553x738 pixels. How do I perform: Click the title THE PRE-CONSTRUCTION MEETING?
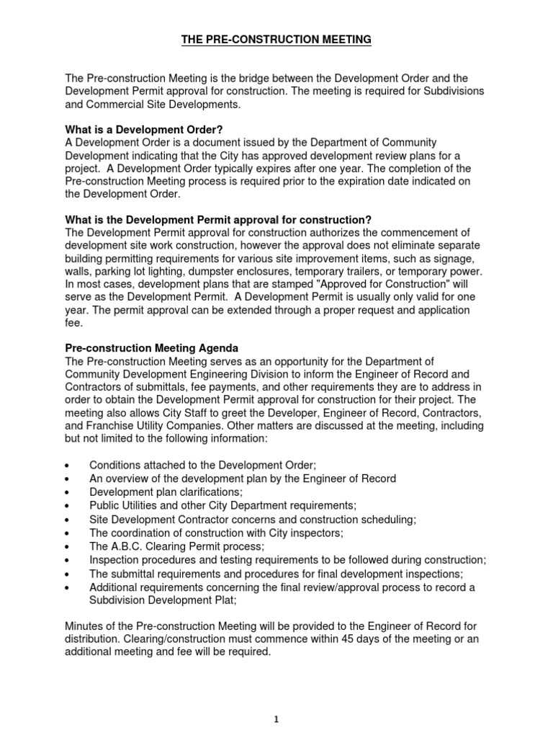[x=276, y=40]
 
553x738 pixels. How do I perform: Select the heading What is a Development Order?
[x=140, y=130]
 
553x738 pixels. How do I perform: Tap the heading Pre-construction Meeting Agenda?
[x=152, y=349]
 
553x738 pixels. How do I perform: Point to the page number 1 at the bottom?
[x=276, y=719]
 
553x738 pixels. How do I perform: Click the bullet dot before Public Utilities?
[x=67, y=506]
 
